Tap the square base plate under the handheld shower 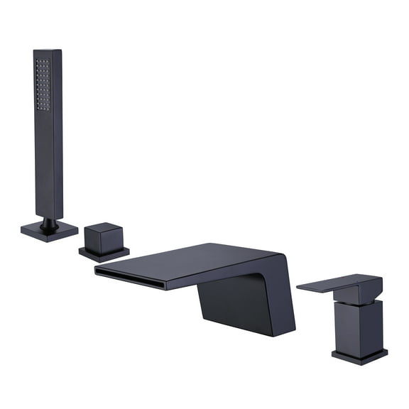click(49, 231)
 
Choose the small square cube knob click(104, 239)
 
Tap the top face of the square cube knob click(104, 228)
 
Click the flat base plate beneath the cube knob click(104, 253)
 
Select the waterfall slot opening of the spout click(131, 278)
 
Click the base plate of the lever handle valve click(359, 355)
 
